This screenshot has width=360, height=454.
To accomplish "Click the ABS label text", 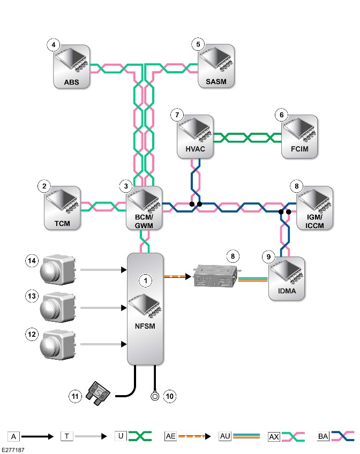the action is [72, 82].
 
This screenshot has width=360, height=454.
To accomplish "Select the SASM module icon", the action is [216, 66].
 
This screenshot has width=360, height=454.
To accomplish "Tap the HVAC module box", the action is [195, 137].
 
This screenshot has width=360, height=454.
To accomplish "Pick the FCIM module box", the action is [299, 137].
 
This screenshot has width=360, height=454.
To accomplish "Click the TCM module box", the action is [62, 208].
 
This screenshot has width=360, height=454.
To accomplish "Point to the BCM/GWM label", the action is [144, 221].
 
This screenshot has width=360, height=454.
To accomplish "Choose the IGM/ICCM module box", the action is [314, 208].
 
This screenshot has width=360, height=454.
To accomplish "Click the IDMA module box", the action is [287, 278].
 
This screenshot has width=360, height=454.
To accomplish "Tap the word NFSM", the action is [145, 326].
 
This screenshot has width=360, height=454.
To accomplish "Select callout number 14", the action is [32, 261].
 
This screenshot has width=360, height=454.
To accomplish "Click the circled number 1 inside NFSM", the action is [146, 281].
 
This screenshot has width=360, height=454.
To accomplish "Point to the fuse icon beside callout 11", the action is [98, 394].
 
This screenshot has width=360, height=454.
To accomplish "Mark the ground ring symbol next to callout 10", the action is [155, 396].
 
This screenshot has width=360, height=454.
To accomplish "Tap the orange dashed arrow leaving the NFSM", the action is [177, 276].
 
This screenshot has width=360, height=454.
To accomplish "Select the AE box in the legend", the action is [170, 436].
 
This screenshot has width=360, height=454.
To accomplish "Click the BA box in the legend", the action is [323, 436].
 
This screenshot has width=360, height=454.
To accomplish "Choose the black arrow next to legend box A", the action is [37, 436].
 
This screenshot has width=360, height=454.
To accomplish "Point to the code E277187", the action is [13, 450].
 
